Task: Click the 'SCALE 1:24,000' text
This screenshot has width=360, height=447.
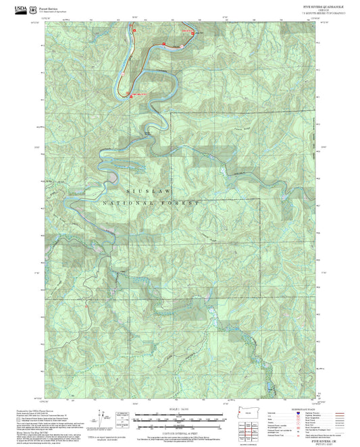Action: click(180, 407)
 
